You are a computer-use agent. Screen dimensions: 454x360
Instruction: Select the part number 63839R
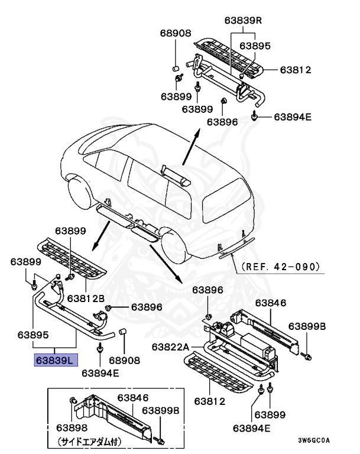[243, 21]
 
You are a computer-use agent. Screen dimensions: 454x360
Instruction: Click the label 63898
[72, 427]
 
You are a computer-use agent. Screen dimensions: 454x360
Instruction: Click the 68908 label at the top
[174, 33]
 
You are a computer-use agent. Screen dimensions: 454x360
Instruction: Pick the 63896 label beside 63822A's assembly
[210, 290]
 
